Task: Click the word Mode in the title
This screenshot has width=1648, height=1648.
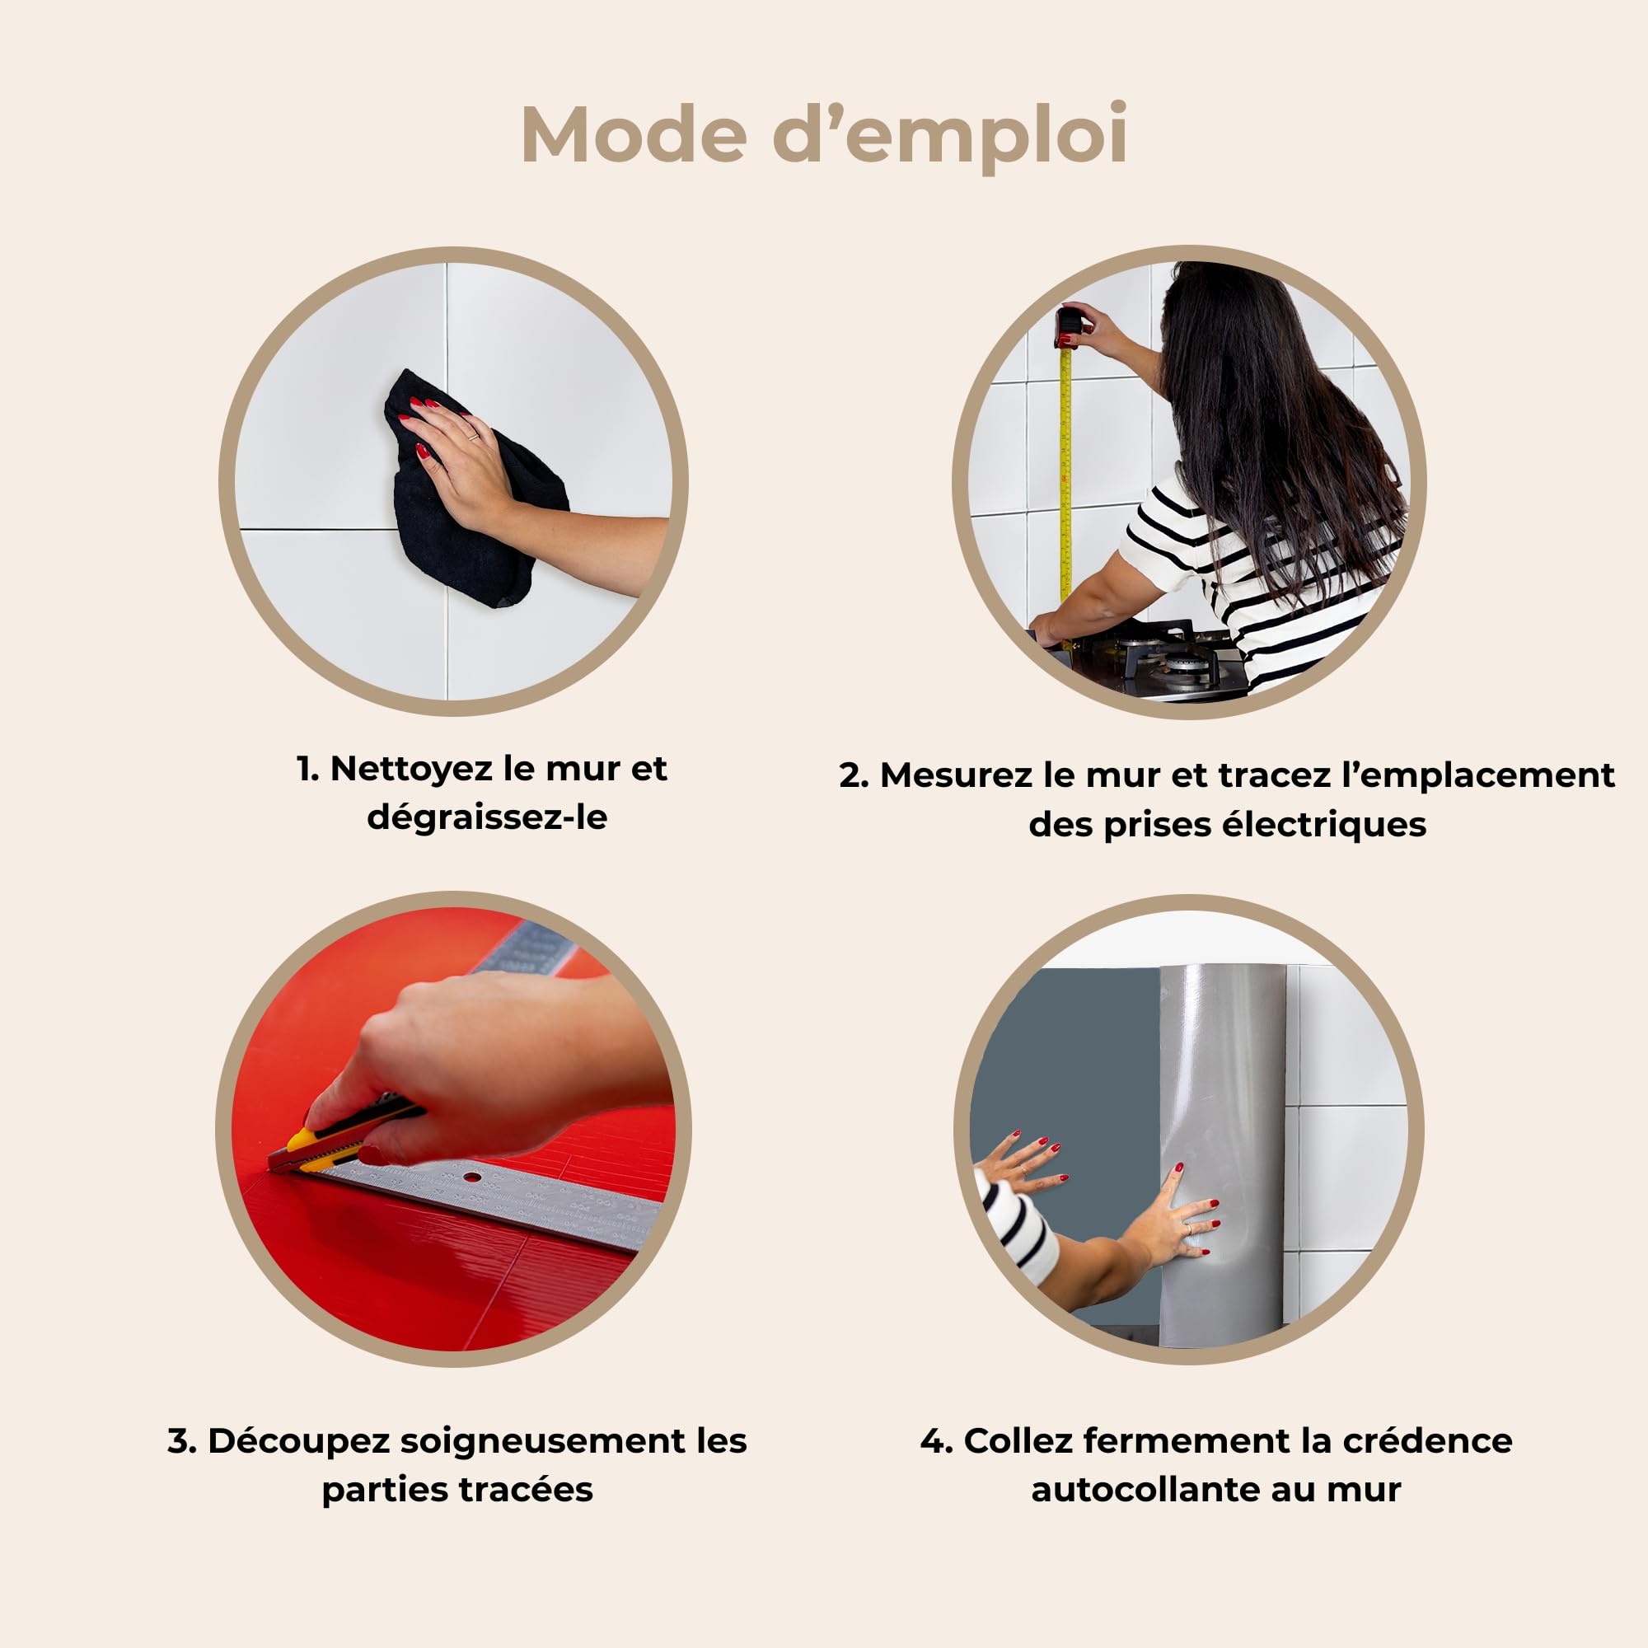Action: point(634,134)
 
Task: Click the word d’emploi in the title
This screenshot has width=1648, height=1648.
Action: point(951,137)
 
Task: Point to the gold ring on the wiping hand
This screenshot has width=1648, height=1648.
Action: point(472,438)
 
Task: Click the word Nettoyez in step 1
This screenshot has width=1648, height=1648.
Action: point(411,770)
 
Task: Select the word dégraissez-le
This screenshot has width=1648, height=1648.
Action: point(487,817)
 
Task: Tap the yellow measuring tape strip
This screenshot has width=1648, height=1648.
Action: point(1065,478)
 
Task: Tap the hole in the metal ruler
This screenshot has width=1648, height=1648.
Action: point(470,1179)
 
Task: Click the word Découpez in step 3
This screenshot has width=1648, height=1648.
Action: point(298,1440)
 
